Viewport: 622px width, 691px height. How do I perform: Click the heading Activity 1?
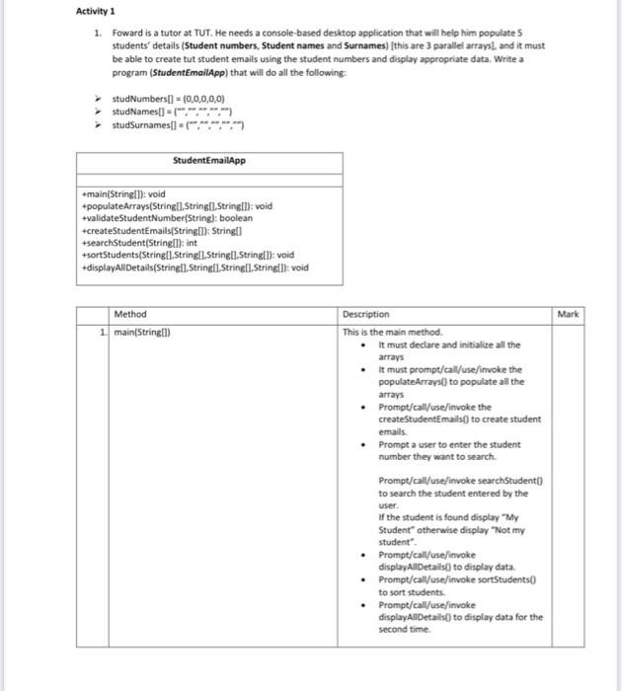tap(95, 12)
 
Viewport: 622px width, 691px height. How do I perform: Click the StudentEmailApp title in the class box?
tap(209, 161)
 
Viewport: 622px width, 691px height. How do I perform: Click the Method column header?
tap(130, 314)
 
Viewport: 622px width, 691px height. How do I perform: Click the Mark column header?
tap(570, 314)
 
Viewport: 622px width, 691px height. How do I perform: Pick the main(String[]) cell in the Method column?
tap(142, 332)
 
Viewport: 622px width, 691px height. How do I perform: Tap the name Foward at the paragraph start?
tap(128, 36)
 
